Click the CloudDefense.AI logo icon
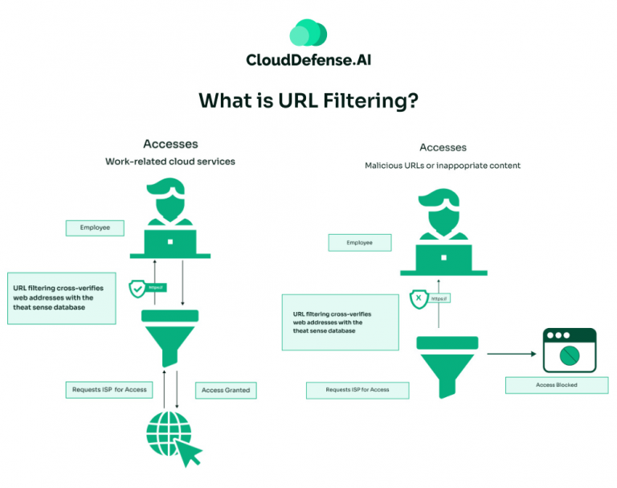pos(308,33)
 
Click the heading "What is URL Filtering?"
pos(308,100)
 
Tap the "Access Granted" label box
pos(226,390)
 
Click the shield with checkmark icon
pos(137,287)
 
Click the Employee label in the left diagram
pos(95,228)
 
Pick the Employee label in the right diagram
pos(359,242)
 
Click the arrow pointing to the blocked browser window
pos(511,352)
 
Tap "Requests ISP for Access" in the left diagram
pos(108,390)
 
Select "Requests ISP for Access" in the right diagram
pos(358,390)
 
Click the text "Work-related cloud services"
pos(170,162)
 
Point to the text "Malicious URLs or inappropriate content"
pos(443,166)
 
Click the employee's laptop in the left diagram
pos(170,241)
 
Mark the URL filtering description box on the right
pos(340,321)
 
